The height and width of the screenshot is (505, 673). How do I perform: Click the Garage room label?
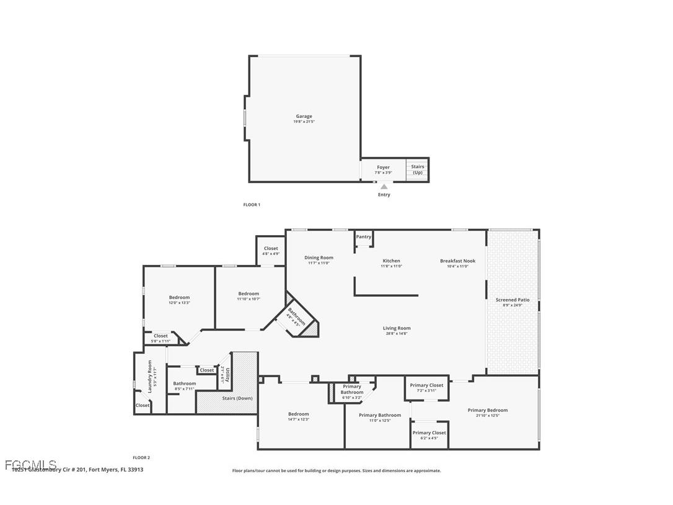[304, 117]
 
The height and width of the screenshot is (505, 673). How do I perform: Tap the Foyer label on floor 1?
[384, 168]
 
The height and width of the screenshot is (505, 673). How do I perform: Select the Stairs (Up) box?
[418, 169]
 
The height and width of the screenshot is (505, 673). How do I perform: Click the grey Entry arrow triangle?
[384, 187]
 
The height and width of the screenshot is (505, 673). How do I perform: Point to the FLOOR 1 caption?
[252, 205]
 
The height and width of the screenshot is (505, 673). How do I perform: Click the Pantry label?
[364, 237]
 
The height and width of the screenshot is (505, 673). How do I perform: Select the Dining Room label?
[319, 257]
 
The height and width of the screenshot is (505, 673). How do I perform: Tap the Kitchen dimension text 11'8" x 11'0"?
[391, 266]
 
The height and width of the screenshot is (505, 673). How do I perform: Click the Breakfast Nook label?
[457, 261]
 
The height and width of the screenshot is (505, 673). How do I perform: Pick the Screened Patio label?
[512, 300]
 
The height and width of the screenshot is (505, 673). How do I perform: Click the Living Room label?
[397, 328]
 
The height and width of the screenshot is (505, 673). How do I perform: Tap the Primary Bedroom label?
[488, 410]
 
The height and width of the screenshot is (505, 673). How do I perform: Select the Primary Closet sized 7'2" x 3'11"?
[427, 385]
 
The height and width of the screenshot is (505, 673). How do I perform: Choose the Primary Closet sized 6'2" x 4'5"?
[429, 433]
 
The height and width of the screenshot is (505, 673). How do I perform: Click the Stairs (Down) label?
[237, 398]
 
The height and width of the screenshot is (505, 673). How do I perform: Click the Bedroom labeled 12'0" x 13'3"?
[179, 297]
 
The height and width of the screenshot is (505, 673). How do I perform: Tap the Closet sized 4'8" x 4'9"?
[271, 248]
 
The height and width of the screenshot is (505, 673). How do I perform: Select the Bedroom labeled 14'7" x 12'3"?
[298, 414]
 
